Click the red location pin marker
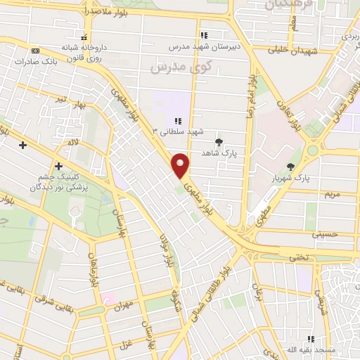pyautogui.click(x=181, y=165)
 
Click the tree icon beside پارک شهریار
pyautogui.click(x=291, y=167)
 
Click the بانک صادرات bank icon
pyautogui.click(x=35, y=50)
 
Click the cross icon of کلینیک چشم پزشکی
pyautogui.click(x=58, y=166)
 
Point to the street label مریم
pyautogui.click(x=330, y=192)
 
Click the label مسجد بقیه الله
pyautogui.click(x=331, y=349)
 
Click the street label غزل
pyautogui.click(x=127, y=344)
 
